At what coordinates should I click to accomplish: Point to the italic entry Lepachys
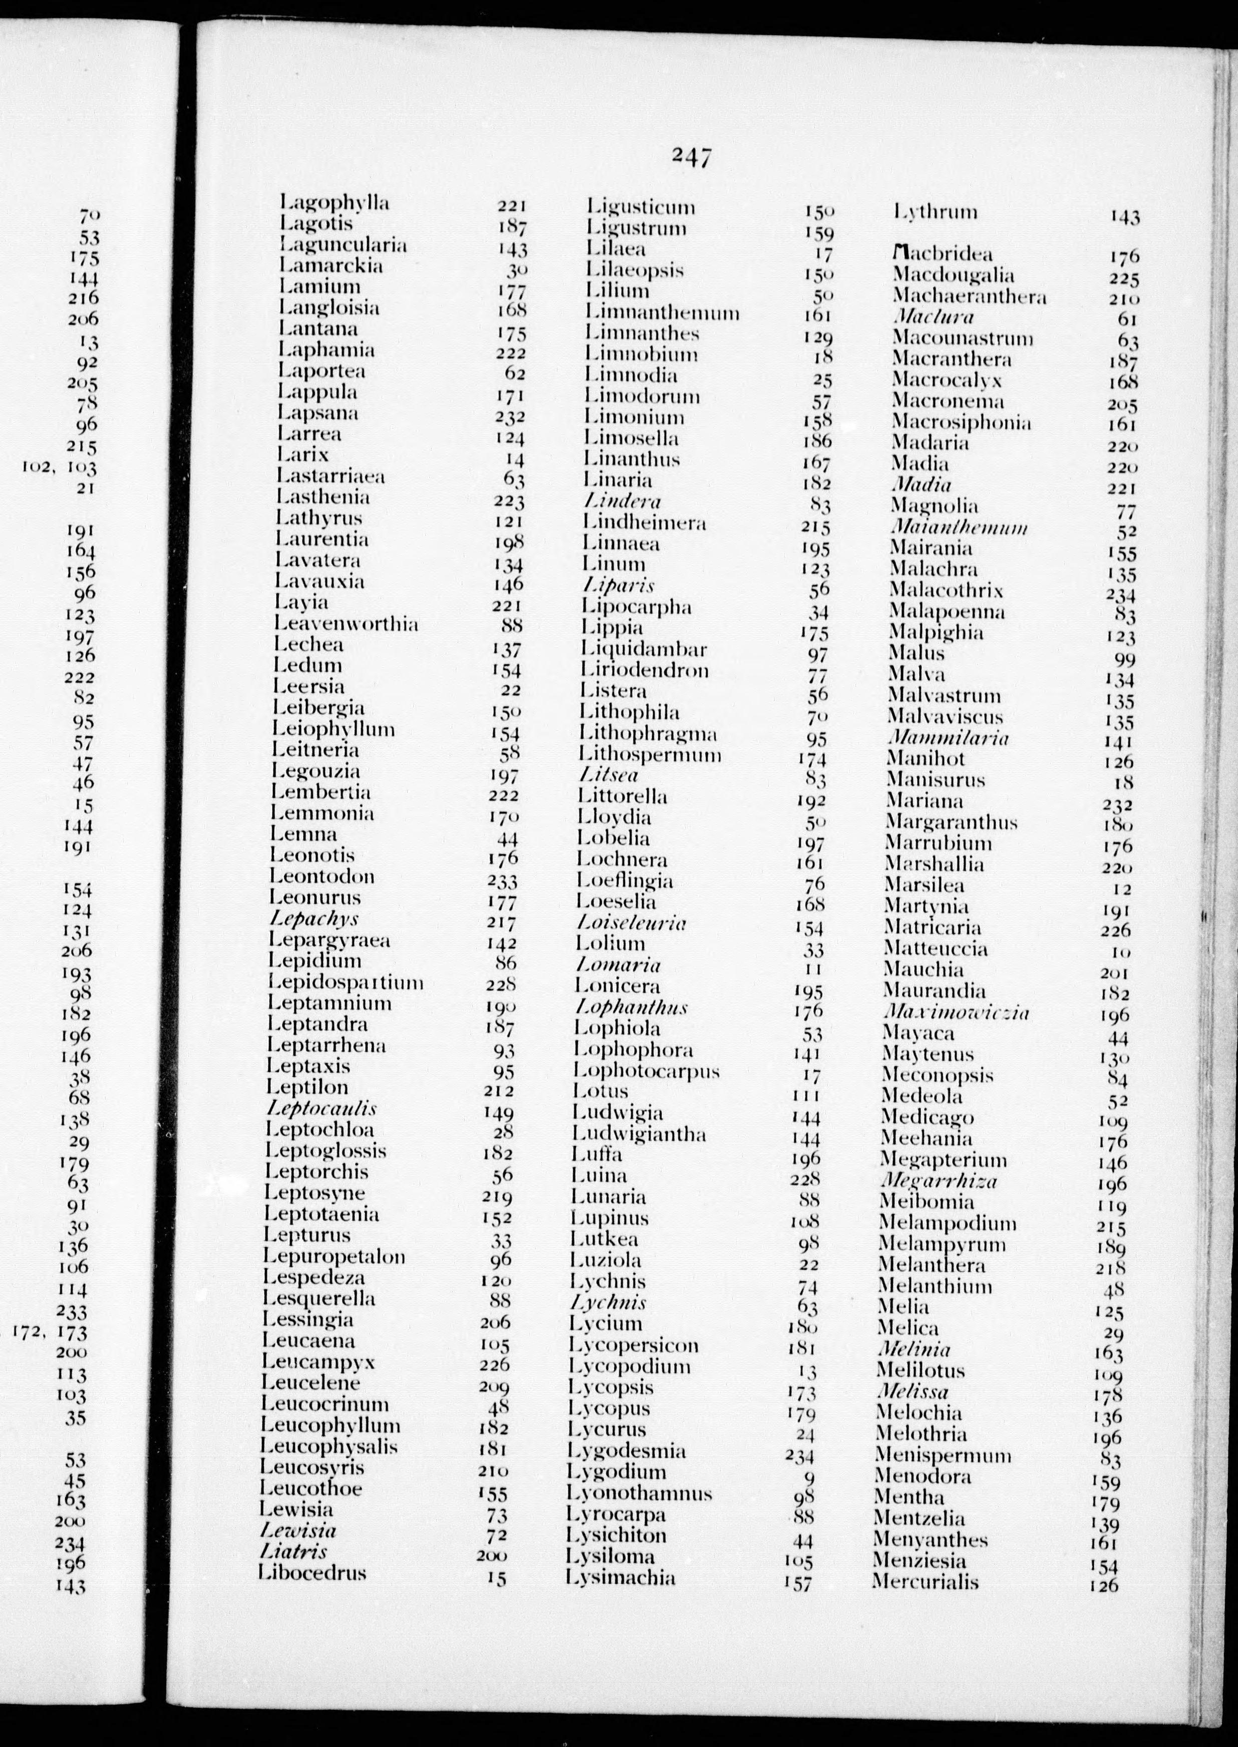tap(314, 919)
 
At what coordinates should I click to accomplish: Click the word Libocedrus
tap(312, 1573)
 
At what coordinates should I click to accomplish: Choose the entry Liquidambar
tap(644, 650)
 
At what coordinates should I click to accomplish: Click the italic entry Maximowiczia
tap(957, 1012)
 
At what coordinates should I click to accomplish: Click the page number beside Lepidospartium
tap(502, 984)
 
